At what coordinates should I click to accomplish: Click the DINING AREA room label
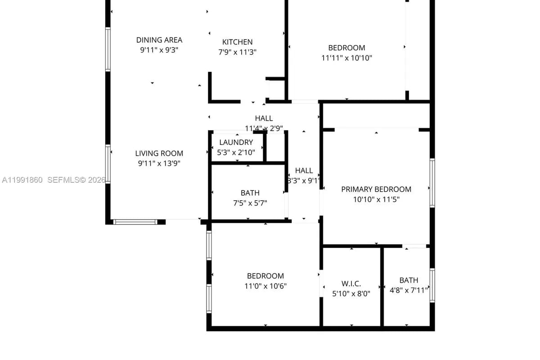point(159,40)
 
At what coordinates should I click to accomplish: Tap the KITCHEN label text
point(237,42)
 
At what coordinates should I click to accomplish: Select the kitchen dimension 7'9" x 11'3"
point(237,52)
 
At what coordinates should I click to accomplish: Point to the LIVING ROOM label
point(159,153)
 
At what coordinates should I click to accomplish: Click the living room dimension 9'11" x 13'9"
point(159,163)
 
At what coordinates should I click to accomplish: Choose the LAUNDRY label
point(236,143)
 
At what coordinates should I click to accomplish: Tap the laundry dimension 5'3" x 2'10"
point(236,153)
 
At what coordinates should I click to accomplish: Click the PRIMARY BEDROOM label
point(376,189)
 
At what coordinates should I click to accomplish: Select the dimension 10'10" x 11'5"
point(376,199)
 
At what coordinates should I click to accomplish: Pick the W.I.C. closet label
point(351,284)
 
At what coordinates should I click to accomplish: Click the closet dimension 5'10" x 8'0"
point(351,294)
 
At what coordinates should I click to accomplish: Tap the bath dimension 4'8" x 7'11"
point(409,290)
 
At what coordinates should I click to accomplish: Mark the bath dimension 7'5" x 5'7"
point(250,203)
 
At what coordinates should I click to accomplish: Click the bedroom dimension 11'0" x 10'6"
point(265,286)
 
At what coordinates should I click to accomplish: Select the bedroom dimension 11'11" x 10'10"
point(346,58)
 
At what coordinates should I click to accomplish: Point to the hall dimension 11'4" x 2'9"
point(264,128)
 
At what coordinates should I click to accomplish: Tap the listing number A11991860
point(22,180)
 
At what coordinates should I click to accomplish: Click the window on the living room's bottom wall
point(135,222)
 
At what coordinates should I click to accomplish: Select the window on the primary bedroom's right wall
point(432,183)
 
